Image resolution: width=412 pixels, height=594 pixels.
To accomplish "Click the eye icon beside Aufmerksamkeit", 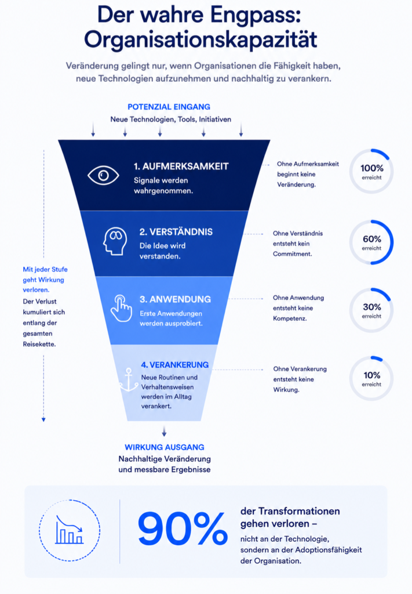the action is click(103, 175).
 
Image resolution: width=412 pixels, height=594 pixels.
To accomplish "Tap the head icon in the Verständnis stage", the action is click(115, 241).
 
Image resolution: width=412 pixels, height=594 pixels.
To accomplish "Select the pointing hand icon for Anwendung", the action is click(121, 308).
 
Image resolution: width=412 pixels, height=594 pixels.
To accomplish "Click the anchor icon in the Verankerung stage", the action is click(129, 379).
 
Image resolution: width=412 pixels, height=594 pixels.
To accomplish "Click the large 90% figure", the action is click(183, 528).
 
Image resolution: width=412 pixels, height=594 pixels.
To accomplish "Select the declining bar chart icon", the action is click(69, 530).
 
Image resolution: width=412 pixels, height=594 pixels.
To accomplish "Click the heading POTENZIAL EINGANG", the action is click(169, 107).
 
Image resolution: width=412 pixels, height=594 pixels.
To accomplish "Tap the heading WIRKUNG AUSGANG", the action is click(165, 447).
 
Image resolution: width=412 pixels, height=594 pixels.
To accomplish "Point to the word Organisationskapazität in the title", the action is click(200, 40).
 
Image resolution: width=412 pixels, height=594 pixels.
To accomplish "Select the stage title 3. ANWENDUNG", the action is click(175, 299).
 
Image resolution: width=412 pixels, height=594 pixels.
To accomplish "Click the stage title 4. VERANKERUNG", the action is click(175, 365).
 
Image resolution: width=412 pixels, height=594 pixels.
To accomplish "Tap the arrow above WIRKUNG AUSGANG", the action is click(164, 432).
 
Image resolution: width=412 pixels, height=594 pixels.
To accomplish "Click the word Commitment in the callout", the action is click(293, 254).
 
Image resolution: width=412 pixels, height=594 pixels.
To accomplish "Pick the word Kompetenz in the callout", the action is click(290, 318).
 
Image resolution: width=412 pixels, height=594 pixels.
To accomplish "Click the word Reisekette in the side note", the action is click(39, 345).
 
